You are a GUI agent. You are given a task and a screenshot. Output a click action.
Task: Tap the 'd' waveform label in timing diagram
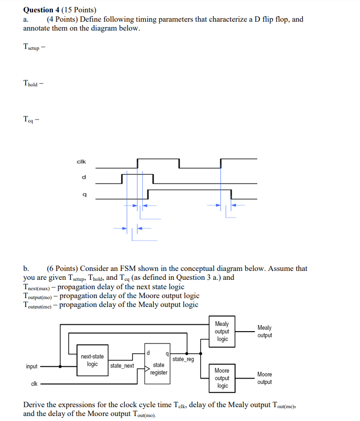coord(83,177)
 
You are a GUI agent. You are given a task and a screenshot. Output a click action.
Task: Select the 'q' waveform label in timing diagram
coord(83,195)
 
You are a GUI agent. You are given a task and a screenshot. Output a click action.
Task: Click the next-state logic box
coord(92,360)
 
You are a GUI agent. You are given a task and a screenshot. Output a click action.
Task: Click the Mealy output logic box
coord(222,332)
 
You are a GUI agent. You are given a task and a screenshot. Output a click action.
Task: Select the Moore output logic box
coord(222,378)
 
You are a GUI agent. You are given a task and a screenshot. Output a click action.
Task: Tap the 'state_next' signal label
coord(122,366)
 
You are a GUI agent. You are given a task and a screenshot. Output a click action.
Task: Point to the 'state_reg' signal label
coord(183,359)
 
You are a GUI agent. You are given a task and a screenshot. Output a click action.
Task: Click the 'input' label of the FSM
coord(32,366)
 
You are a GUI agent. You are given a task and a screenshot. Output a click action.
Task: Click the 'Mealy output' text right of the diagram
coord(264,332)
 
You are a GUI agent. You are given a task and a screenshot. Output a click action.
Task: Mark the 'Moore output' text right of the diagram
coord(264,378)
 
